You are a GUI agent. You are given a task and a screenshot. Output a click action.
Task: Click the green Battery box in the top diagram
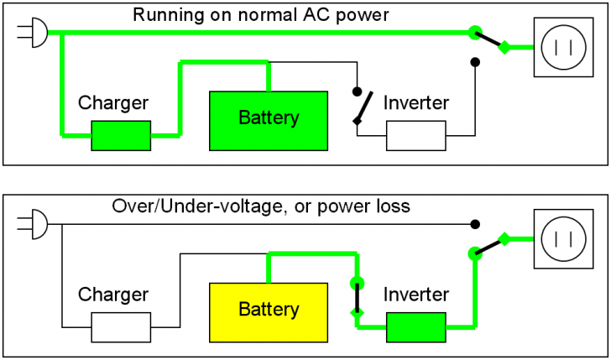click(x=268, y=117)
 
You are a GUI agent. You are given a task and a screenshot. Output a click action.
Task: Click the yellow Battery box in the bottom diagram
click(x=268, y=310)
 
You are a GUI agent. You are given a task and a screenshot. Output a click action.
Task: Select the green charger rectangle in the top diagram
click(x=121, y=135)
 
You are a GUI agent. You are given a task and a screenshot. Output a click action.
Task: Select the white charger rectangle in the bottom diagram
click(x=121, y=327)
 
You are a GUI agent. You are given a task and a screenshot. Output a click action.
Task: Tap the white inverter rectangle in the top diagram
click(x=415, y=135)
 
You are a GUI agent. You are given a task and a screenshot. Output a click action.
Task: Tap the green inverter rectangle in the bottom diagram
click(x=415, y=327)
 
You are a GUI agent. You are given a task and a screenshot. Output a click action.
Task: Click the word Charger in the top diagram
click(x=113, y=103)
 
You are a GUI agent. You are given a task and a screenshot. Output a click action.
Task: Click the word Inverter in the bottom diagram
click(x=416, y=295)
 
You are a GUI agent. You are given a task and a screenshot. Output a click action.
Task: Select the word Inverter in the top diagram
click(x=416, y=103)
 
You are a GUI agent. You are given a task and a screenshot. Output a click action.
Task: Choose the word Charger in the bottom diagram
click(x=113, y=295)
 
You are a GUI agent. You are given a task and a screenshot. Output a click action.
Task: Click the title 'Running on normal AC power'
click(x=261, y=14)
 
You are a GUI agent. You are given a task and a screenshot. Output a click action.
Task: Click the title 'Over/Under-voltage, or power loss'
click(x=261, y=206)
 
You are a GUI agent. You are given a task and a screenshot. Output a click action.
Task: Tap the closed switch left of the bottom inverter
click(x=356, y=298)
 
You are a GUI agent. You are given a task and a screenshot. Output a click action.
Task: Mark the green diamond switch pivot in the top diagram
click(x=504, y=48)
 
